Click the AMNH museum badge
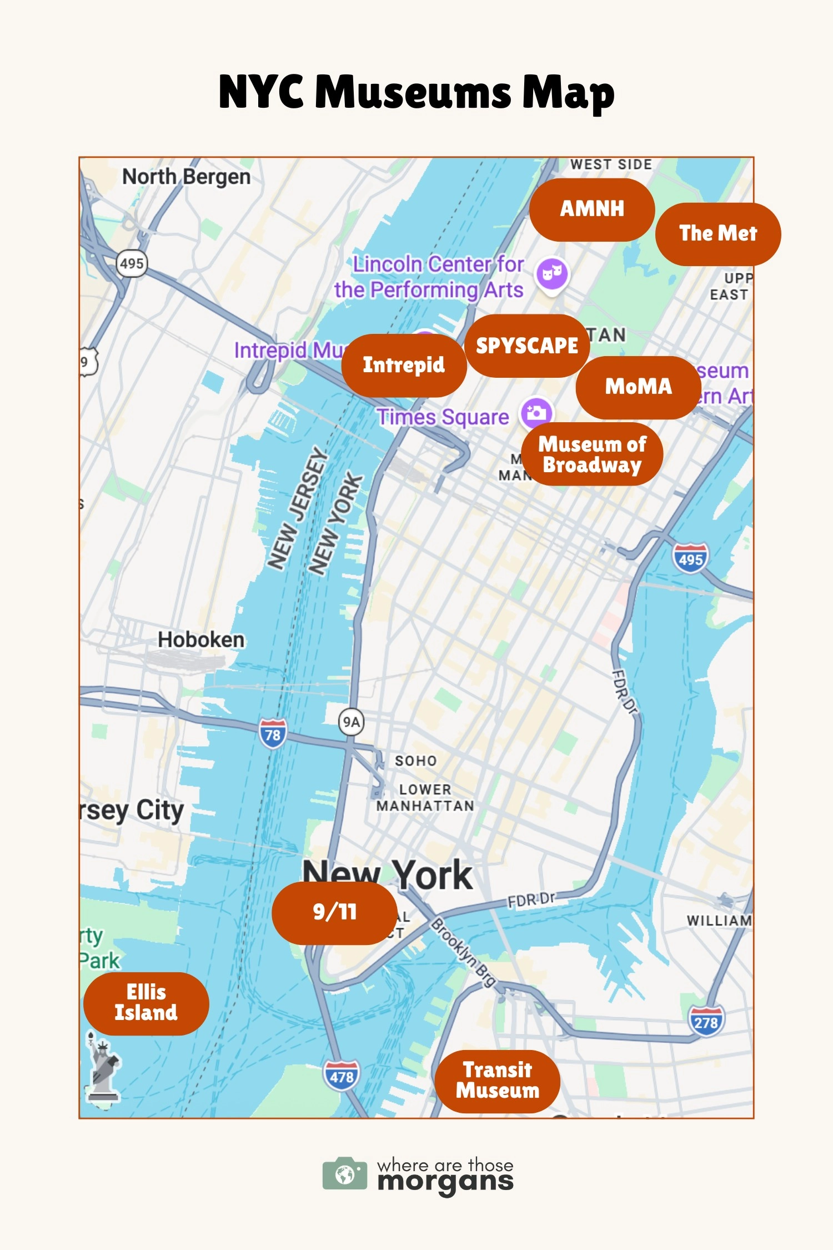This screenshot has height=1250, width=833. [592, 209]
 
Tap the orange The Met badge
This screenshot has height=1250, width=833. [718, 234]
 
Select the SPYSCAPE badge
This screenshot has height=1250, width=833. [527, 346]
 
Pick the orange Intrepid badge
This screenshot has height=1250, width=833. [404, 365]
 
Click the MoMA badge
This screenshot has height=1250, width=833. [639, 387]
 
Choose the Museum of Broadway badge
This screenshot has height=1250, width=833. [592, 454]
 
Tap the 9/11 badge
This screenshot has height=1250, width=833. [334, 912]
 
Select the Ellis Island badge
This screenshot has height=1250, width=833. [146, 1003]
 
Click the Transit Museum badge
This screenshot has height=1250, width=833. [497, 1081]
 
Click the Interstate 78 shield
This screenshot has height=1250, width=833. [273, 734]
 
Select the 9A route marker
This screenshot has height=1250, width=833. [351, 722]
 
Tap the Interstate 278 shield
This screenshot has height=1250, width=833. [706, 1021]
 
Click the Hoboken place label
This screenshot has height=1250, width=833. [201, 640]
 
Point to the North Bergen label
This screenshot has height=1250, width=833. [186, 177]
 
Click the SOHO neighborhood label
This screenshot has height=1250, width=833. [415, 761]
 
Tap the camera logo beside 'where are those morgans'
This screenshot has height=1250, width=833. [345, 1174]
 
